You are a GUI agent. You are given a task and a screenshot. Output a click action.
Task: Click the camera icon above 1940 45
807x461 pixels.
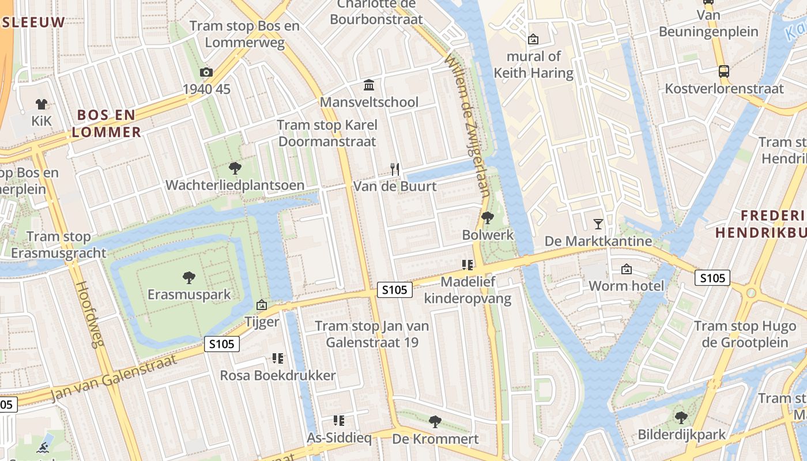(x=206, y=72)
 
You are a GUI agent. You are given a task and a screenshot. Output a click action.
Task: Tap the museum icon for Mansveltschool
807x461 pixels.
(x=369, y=85)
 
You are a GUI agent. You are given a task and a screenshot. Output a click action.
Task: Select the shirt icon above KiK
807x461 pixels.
(x=42, y=104)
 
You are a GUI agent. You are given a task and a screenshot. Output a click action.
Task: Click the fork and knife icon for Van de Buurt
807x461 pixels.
(x=395, y=169)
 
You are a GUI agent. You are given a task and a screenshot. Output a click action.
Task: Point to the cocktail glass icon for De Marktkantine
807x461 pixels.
(x=598, y=224)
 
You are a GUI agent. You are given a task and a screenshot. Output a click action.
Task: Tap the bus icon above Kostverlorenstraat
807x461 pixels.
(x=724, y=71)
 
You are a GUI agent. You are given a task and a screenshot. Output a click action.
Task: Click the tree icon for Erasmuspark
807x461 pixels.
(x=188, y=278)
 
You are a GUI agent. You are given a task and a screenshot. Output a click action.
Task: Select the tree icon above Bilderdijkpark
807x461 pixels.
(x=681, y=417)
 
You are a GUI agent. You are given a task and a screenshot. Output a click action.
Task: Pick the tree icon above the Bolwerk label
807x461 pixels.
(x=488, y=218)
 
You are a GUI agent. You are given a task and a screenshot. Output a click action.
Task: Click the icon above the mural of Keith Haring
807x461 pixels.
(x=533, y=39)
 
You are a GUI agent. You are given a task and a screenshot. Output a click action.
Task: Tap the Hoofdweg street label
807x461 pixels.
(x=89, y=314)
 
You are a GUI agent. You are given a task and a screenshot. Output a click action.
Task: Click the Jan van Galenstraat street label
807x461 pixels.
(x=112, y=378)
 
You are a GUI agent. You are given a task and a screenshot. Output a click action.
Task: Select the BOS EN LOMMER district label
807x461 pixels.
(x=107, y=123)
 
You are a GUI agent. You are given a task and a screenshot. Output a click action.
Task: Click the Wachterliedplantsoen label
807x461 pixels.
(x=235, y=186)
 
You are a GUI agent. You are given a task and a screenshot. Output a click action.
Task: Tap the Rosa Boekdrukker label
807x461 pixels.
(x=278, y=376)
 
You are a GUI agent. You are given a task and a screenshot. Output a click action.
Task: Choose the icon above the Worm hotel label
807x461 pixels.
(x=626, y=269)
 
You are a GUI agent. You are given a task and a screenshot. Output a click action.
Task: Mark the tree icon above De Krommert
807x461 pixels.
(x=435, y=422)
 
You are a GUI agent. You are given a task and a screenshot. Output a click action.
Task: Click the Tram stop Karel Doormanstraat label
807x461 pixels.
(x=327, y=133)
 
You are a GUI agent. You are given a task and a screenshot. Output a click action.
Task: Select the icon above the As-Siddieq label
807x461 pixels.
(x=339, y=421)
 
